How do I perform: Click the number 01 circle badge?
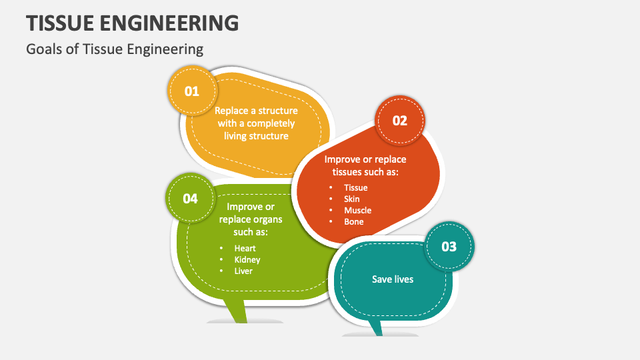tap(192, 91)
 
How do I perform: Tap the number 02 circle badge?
tap(399, 121)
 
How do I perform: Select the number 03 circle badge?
tap(449, 247)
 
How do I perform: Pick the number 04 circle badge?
tap(191, 198)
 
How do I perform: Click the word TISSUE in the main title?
tap(65, 23)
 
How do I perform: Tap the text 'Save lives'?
tap(393, 279)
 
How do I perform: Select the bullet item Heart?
tap(245, 249)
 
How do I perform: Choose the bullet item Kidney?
tap(247, 260)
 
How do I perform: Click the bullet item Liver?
tap(243, 271)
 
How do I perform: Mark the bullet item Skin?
tap(352, 199)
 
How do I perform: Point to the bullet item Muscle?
tap(357, 210)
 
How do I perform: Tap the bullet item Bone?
tap(354, 221)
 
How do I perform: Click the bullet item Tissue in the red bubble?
tap(356, 187)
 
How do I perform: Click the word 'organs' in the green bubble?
tap(268, 219)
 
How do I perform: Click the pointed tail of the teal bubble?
tap(377, 327)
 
